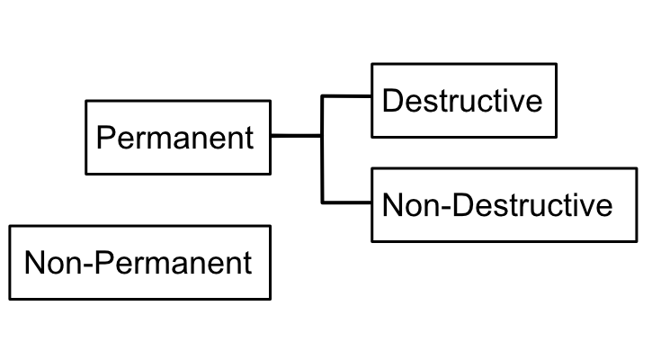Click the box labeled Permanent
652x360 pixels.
click(177, 137)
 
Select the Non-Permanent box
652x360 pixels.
click(138, 263)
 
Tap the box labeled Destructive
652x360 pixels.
click(463, 100)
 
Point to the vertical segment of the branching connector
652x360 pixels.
click(322, 162)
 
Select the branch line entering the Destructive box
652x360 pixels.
click(347, 94)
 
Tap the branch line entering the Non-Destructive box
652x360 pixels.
click(347, 202)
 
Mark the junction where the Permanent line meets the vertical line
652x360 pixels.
click(322, 137)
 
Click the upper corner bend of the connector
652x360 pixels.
click(322, 94)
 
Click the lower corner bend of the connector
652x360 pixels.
click(322, 202)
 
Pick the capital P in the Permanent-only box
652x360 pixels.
click(105, 139)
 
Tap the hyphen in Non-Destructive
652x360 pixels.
click(447, 207)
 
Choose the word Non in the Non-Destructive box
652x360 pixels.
click(412, 205)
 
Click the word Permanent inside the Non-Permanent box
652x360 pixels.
click(173, 264)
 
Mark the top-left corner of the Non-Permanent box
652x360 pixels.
click(9, 227)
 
